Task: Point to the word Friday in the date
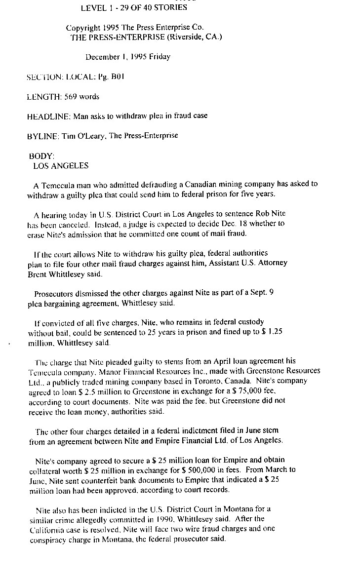160,57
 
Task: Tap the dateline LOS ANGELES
61,166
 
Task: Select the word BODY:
38,156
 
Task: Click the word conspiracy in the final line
47,539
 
